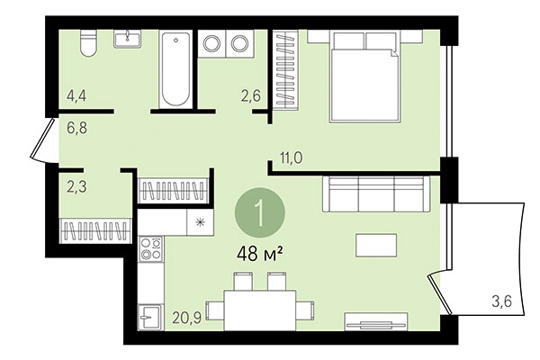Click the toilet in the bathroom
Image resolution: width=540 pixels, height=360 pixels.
coord(87,42)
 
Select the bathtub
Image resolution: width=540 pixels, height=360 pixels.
coord(175,67)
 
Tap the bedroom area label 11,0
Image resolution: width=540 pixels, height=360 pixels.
coord(290,158)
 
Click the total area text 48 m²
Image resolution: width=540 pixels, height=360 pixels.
coord(260,254)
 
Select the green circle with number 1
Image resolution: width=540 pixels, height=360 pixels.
coord(259,214)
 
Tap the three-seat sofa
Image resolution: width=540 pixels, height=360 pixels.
coord(373,193)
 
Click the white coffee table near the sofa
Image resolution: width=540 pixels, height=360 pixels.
coord(374,245)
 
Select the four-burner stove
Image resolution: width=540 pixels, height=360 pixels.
coord(149,248)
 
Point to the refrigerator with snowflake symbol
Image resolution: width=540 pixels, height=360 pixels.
coord(197,222)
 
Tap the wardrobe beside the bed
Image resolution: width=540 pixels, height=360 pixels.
coord(284,71)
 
